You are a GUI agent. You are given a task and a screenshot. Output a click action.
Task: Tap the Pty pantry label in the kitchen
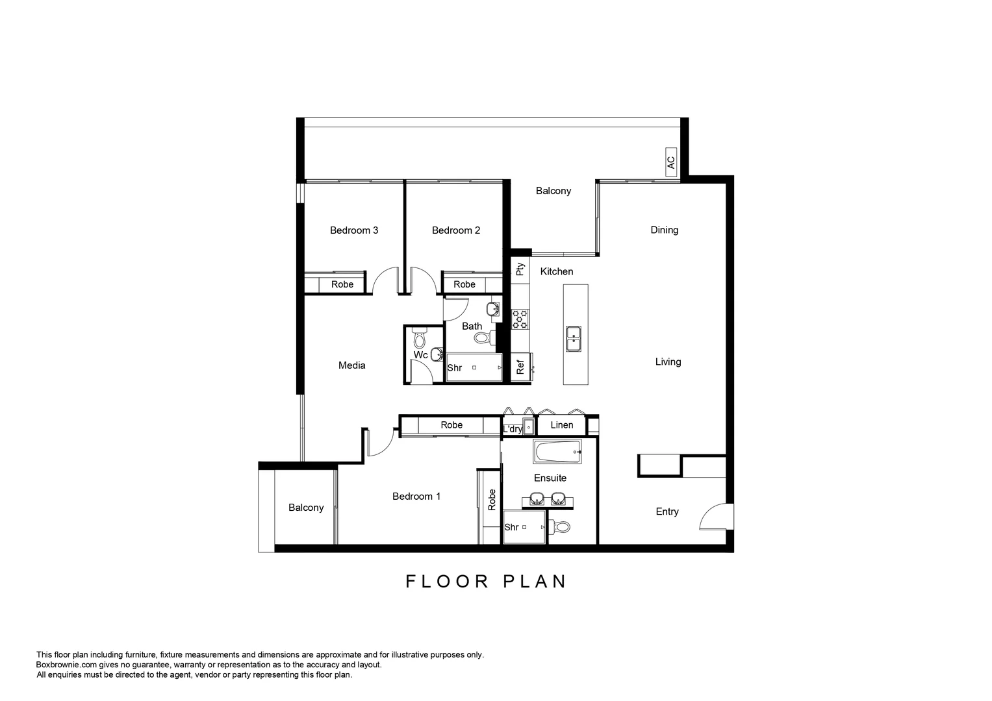[520, 269]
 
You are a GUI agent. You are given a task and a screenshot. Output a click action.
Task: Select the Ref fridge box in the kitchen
[520, 367]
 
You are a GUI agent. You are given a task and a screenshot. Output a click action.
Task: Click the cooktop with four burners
[520, 319]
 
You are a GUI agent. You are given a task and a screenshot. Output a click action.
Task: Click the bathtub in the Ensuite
[557, 452]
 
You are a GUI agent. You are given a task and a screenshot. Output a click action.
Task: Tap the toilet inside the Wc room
[419, 339]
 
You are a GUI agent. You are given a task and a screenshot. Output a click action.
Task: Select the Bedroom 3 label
[354, 230]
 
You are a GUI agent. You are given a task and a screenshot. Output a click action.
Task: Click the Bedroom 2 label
[456, 230]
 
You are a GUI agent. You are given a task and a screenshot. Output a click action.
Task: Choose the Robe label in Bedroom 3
[342, 284]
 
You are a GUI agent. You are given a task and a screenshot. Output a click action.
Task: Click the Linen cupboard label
[562, 425]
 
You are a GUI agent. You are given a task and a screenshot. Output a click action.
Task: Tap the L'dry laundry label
[513, 429]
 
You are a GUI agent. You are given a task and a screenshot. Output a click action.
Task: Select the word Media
[352, 365]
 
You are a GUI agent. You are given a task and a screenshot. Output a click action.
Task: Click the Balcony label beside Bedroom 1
[306, 508]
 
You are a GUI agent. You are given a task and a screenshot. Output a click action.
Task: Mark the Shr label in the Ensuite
[511, 527]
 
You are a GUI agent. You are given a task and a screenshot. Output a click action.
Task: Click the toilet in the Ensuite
[559, 526]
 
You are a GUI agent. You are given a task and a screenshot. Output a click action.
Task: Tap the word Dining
[664, 230]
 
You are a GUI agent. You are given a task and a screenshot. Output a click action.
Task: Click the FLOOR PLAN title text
[487, 581]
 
